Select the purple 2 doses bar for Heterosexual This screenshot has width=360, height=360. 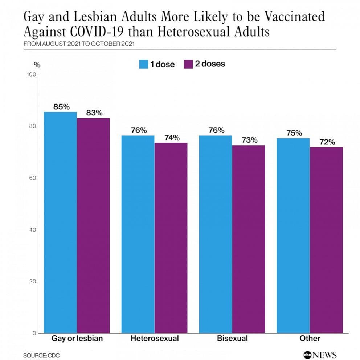pos(171,238)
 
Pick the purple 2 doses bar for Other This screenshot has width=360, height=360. pos(326,240)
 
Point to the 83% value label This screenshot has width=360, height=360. pos(94,113)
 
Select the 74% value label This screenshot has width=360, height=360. pos(171,138)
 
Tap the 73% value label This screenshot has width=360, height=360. pos(249,140)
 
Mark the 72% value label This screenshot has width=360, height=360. pos(327,142)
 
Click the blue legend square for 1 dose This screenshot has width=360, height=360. pos(144,64)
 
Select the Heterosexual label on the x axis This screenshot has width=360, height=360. pos(155,339)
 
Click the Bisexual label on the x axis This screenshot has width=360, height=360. pos(232,339)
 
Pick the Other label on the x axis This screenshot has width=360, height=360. pos(310,339)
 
